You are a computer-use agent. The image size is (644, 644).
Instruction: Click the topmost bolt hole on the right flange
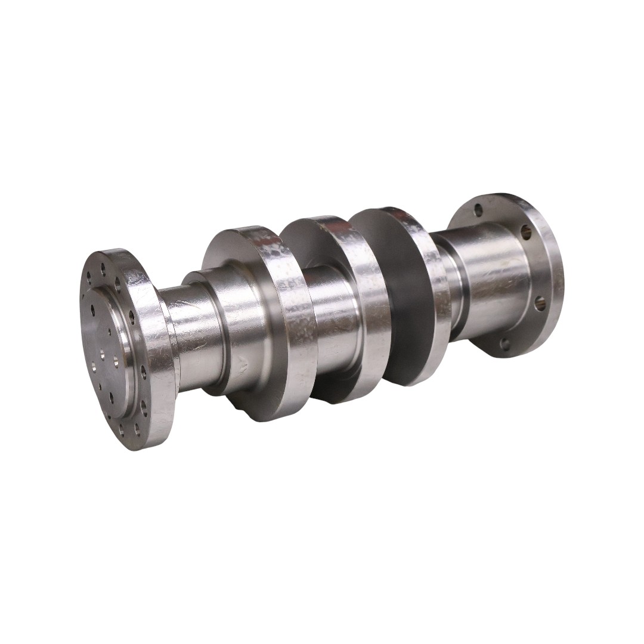click(478, 209)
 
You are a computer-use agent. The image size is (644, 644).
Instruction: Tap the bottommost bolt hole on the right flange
click(504, 344)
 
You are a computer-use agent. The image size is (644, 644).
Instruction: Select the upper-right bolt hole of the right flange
click(526, 232)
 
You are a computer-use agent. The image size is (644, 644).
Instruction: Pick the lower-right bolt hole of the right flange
click(540, 304)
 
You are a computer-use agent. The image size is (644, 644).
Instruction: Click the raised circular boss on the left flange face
click(107, 346)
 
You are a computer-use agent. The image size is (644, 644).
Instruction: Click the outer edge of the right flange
click(552, 268)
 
